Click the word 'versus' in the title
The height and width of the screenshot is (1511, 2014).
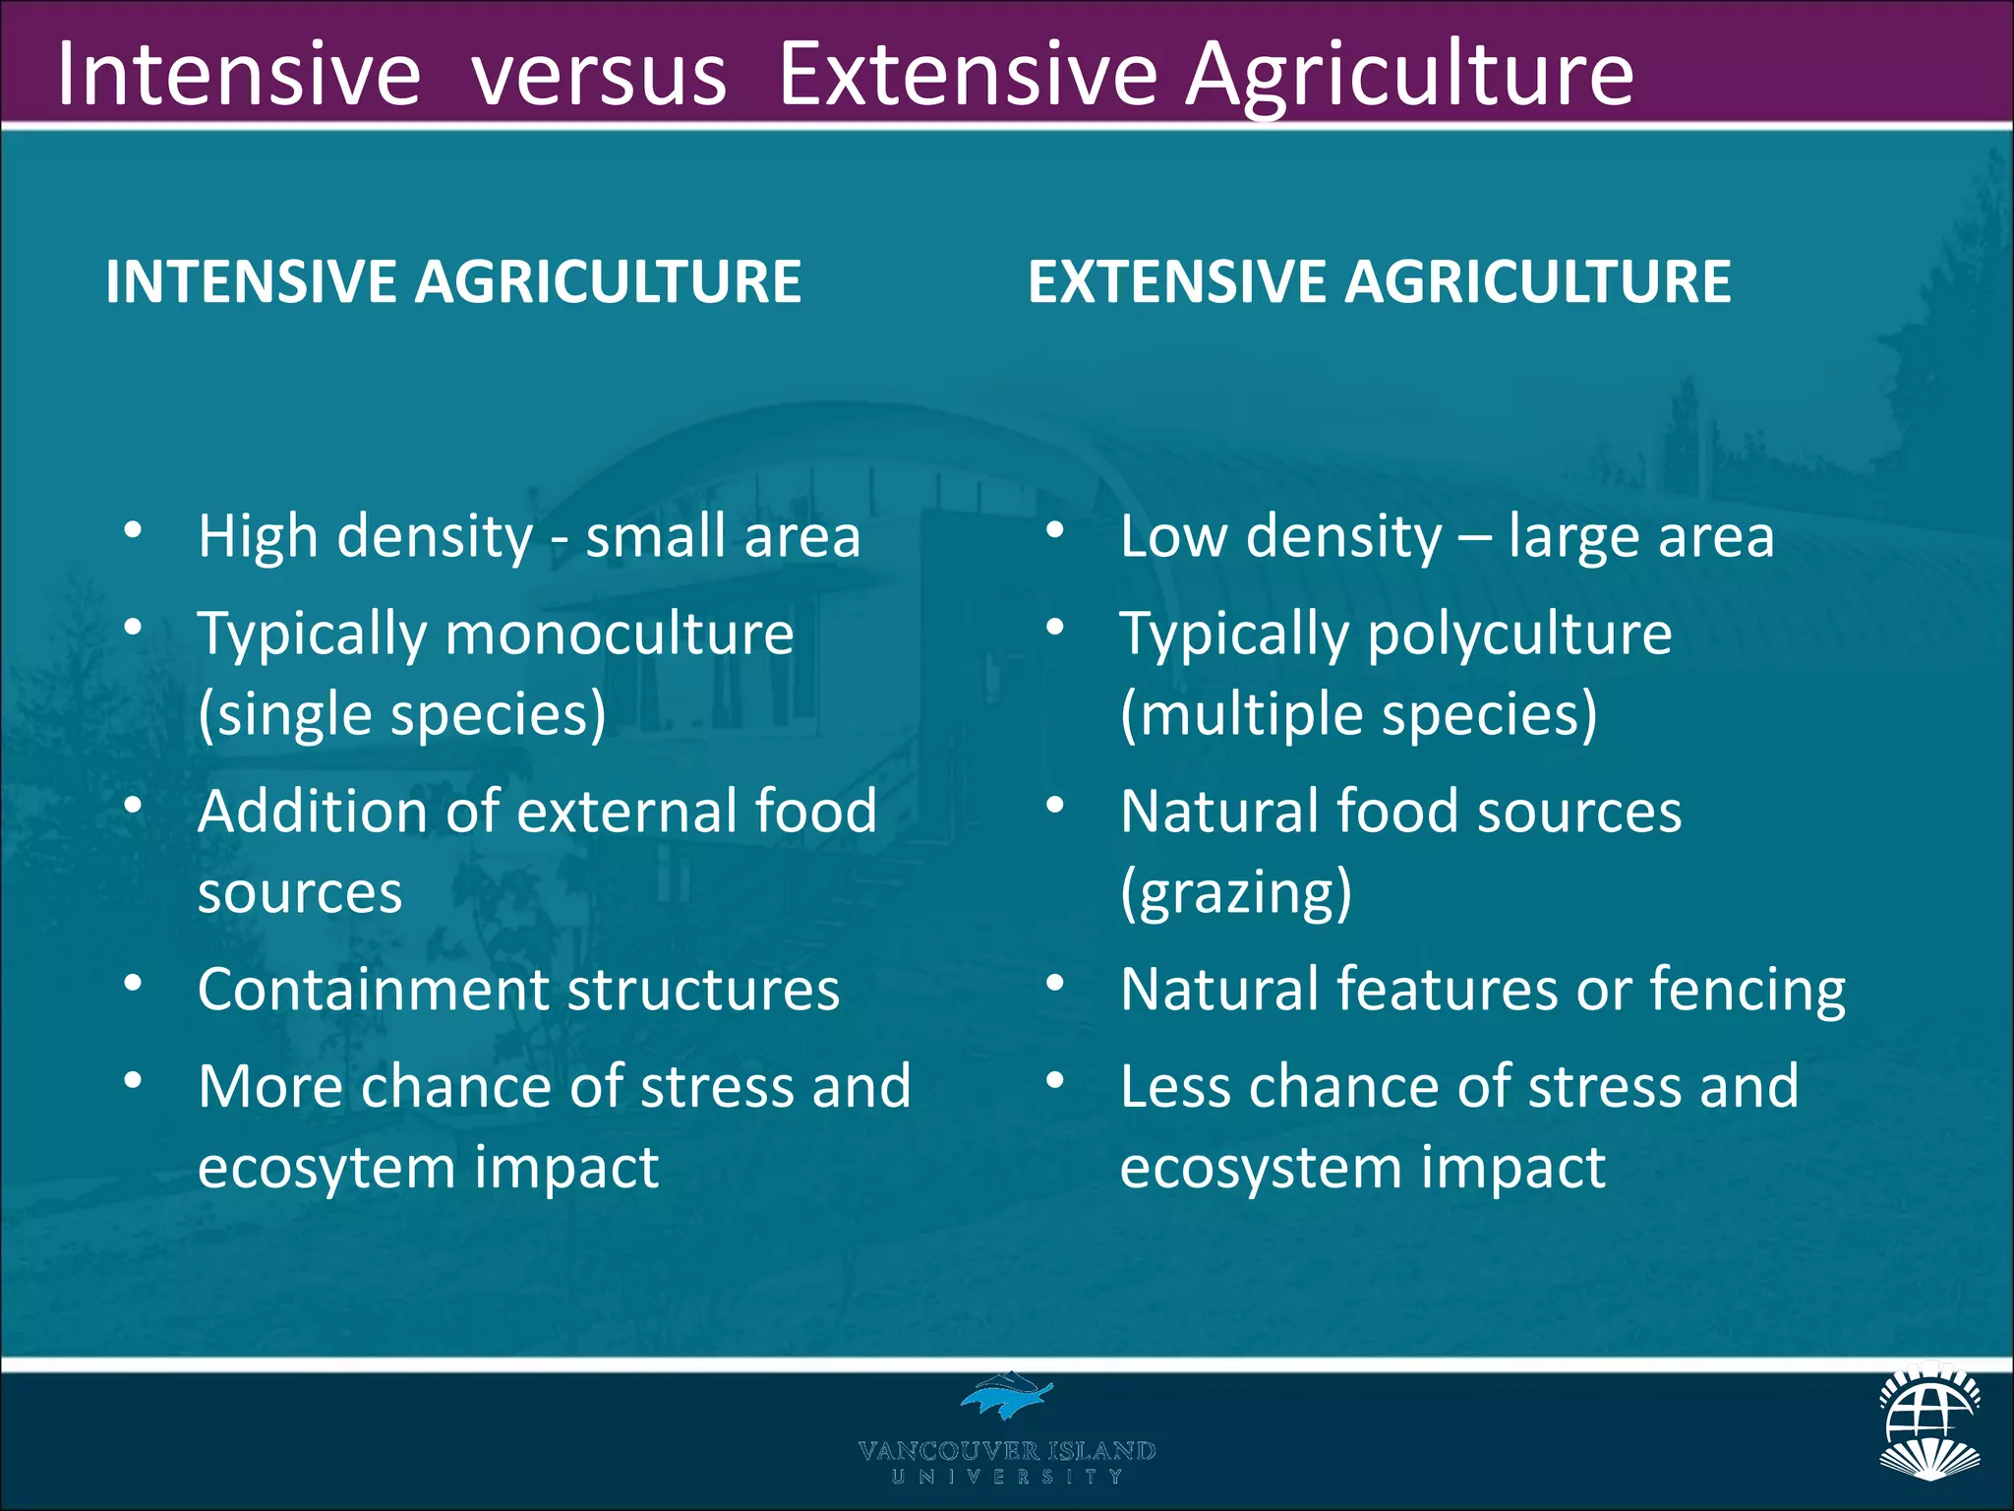click(x=599, y=76)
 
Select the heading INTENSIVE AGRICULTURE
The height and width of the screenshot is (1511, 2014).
click(x=453, y=282)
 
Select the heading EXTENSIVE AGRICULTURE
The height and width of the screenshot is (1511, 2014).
click(x=1379, y=282)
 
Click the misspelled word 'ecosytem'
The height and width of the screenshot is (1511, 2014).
click(x=325, y=1168)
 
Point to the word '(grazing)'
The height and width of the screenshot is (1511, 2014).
click(x=1236, y=892)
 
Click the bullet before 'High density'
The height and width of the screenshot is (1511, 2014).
click(x=134, y=531)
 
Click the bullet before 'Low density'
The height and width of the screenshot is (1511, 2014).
click(x=1055, y=531)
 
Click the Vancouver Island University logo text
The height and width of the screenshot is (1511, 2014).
click(x=1006, y=1460)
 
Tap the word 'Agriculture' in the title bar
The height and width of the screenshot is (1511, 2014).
click(x=1408, y=76)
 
